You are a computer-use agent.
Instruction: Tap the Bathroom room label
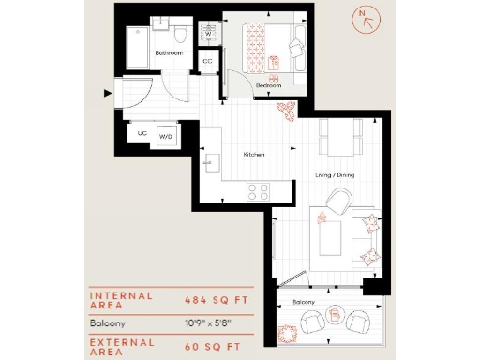point(168,54)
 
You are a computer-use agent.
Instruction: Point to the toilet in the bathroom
point(185,36)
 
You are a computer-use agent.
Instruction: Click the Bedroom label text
point(268,84)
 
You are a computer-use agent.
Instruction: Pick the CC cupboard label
point(207,62)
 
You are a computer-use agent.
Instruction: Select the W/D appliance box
point(167,136)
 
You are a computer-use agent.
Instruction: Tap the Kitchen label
point(254,154)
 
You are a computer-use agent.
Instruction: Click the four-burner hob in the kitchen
point(258,192)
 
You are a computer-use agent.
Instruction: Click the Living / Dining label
point(333,173)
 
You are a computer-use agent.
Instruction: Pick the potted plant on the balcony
point(291,331)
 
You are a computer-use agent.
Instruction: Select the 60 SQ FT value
point(215,345)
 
